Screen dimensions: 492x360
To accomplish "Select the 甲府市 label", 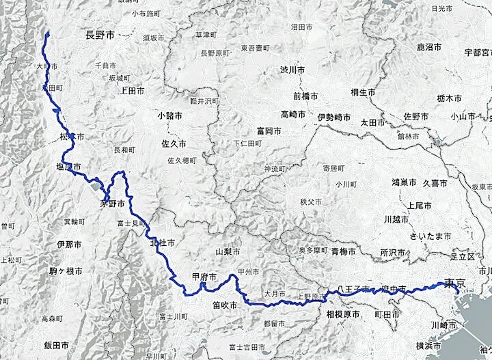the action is pyautogui.click(x=204, y=277).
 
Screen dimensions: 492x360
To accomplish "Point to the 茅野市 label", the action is pyautogui.click(x=112, y=203).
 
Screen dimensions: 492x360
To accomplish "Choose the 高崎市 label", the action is pyautogui.click(x=295, y=113).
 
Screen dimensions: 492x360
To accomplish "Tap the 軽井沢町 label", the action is pyautogui.click(x=203, y=100).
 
